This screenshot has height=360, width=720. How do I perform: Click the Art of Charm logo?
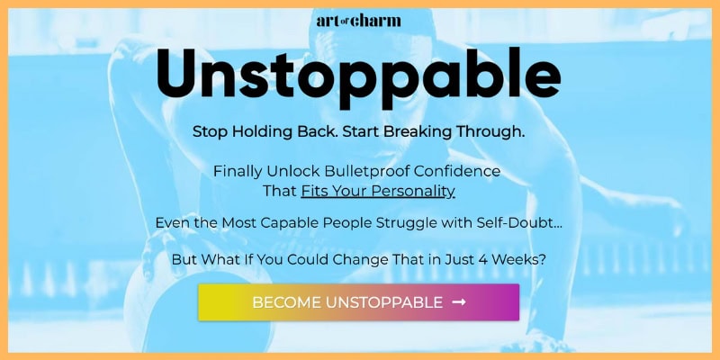pos(359,20)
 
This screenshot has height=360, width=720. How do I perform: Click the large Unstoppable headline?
pos(358,75)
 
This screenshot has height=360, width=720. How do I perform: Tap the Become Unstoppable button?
pos(358,302)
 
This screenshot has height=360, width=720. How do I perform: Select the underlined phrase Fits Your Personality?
pos(378,191)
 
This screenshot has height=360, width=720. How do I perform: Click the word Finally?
pos(239,171)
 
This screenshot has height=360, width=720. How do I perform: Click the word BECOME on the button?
pos(283,302)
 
